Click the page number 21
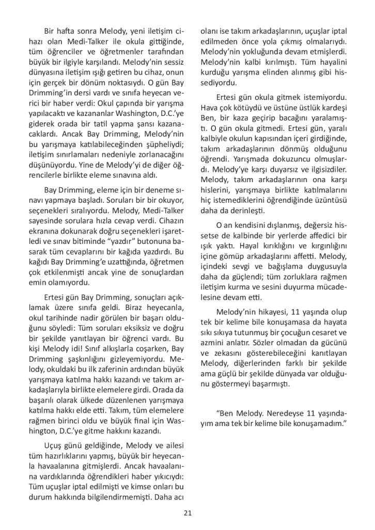pos(187,513)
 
